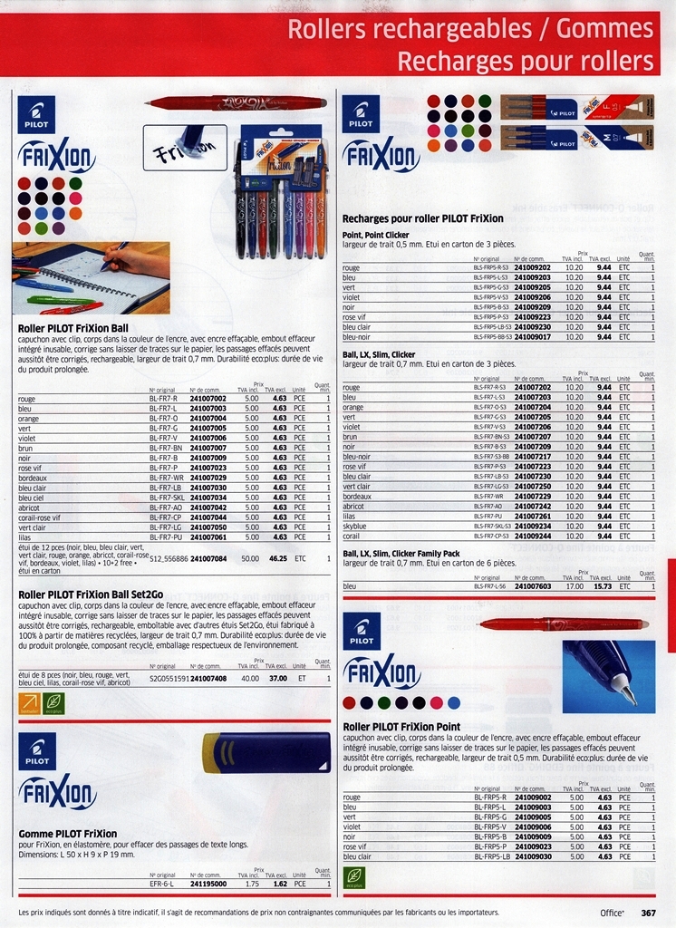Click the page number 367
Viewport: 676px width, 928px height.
(x=648, y=913)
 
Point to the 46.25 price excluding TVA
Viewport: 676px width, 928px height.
(x=277, y=559)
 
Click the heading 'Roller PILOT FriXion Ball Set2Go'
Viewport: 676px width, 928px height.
(x=91, y=594)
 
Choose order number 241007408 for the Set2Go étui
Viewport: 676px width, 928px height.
(x=208, y=678)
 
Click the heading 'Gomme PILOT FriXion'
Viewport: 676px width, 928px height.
(x=68, y=834)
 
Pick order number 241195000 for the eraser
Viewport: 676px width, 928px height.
(x=208, y=883)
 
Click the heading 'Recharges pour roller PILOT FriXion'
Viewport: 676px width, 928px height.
(x=422, y=218)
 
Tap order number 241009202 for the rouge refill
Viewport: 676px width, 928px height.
(x=532, y=268)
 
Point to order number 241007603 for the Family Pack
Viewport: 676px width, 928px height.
(x=532, y=586)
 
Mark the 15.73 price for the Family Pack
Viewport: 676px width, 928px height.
(x=602, y=586)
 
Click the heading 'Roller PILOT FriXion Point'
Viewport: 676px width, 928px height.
(x=401, y=726)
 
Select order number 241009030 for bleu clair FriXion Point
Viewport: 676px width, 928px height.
(x=532, y=856)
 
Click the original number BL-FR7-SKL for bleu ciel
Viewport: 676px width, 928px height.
(x=167, y=498)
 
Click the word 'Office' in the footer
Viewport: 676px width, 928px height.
(x=613, y=913)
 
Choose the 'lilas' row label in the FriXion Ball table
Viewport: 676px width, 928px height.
(x=26, y=537)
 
